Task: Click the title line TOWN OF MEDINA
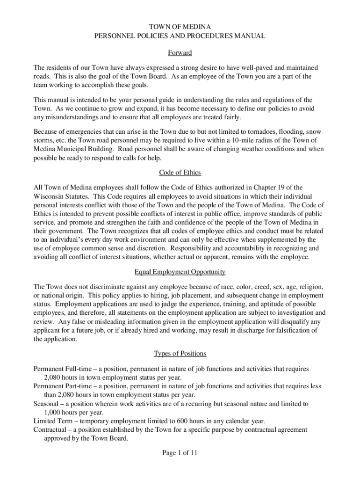180,27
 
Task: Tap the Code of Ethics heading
180,173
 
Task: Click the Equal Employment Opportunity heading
180,272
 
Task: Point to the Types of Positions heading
180,353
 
